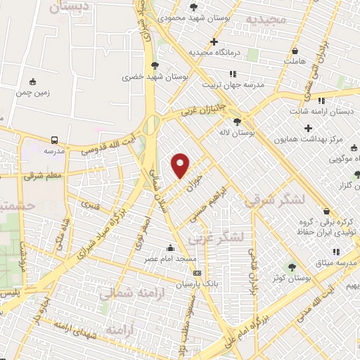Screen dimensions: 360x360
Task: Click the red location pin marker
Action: (x=181, y=165)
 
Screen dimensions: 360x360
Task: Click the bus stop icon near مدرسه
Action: (x=54, y=139)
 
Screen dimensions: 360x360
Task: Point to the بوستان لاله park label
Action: (x=255, y=132)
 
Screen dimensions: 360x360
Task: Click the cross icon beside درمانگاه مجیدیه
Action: (x=214, y=41)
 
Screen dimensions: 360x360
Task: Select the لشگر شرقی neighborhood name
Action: (x=276, y=200)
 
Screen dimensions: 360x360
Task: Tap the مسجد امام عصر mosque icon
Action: (x=169, y=247)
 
